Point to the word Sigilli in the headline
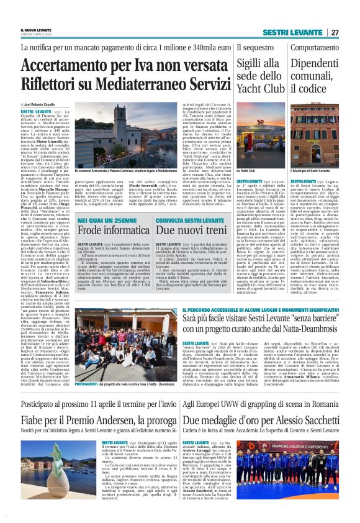(x=251, y=62)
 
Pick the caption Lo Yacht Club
(x=246, y=170)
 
